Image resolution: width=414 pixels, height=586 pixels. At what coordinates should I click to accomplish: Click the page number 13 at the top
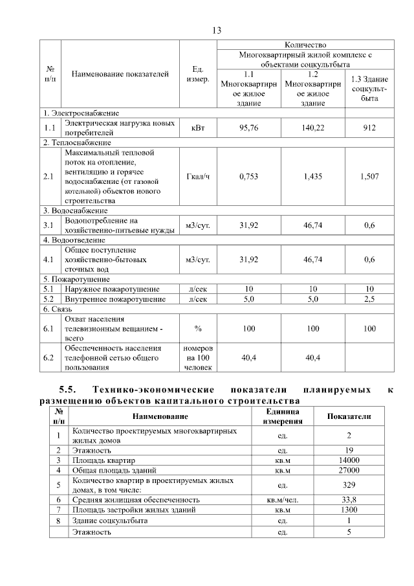[217, 30]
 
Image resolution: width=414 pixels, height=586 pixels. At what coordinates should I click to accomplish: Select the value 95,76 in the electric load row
[248, 128]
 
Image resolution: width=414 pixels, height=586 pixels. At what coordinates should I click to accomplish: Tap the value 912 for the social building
[369, 128]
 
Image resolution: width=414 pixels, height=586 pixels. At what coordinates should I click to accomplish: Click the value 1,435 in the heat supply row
[313, 176]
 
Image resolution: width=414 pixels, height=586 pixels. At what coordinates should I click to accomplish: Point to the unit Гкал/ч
[197, 176]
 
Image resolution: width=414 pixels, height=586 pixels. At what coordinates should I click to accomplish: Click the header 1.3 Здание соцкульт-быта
[369, 89]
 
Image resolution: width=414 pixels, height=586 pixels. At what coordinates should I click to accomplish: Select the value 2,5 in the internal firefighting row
[369, 300]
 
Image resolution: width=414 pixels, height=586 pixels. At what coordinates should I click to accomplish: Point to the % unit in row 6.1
[197, 329]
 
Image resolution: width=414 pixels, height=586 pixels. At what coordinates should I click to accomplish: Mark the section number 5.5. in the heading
[68, 390]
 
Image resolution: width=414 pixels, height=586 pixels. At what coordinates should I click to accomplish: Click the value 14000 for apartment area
[349, 460]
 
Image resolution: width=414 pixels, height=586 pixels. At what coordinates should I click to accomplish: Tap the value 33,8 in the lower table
[349, 500]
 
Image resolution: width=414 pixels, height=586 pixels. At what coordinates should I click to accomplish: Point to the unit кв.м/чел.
[282, 500]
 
